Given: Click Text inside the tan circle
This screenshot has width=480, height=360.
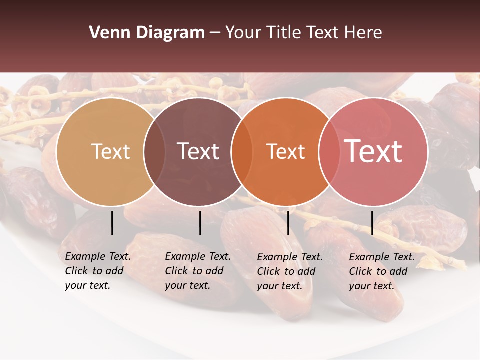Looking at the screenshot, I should point(110,151).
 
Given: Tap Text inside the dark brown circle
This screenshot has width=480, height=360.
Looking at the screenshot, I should point(198,151).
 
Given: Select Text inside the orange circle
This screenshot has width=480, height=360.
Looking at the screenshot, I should point(286,151).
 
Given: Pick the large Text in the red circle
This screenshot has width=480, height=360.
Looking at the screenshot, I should point(373,151).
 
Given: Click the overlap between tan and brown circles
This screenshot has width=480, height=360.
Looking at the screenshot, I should point(154,151).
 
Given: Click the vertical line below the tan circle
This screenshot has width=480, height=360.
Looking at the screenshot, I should point(112,223).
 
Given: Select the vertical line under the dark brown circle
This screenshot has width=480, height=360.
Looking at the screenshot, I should point(200,223).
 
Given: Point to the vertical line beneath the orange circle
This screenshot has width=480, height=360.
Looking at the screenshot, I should point(288,223).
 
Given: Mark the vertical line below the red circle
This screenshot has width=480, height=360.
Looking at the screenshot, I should point(372,223).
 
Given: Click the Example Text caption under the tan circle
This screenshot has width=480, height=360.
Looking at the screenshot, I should point(98,271).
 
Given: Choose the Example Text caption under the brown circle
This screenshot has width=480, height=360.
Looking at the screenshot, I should point(198,271).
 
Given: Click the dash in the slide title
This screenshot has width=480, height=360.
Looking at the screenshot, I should point(215,33).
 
